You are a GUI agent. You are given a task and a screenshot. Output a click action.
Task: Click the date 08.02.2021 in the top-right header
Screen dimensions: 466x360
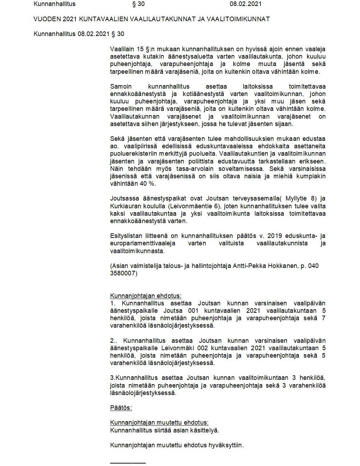246,4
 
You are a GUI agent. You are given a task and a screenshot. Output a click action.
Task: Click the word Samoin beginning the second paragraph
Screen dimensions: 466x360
120,86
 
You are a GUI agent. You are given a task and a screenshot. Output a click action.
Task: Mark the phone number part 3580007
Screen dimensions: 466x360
124,273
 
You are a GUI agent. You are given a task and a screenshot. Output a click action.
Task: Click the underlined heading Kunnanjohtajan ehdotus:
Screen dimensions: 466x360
145,296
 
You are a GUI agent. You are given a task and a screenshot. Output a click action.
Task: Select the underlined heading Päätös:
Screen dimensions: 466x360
121,408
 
